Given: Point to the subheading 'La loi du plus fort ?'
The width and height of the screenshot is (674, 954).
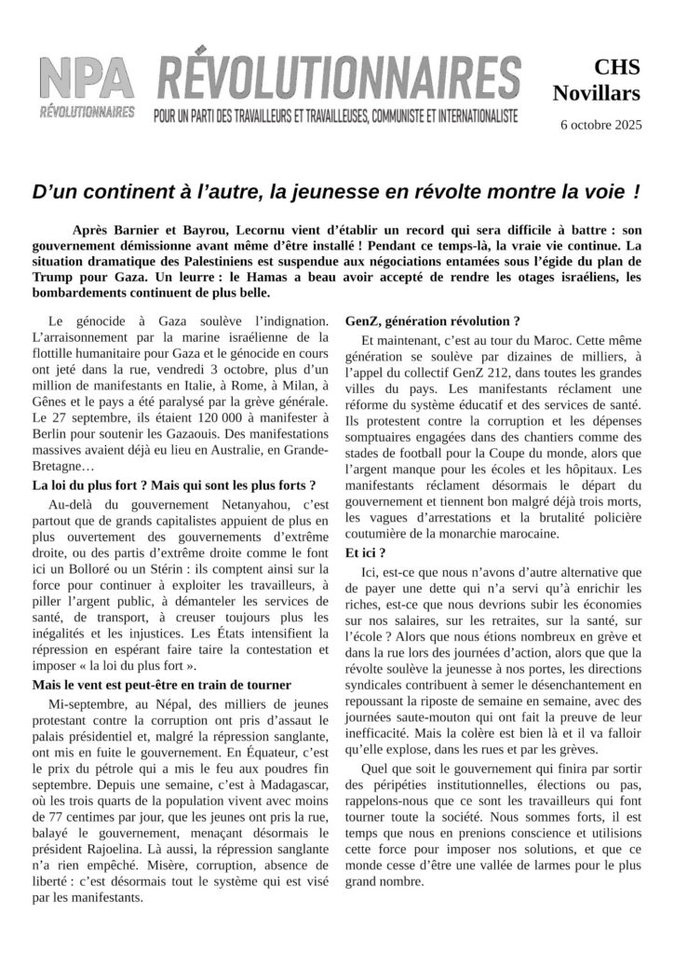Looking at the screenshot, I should pos(173,485).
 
